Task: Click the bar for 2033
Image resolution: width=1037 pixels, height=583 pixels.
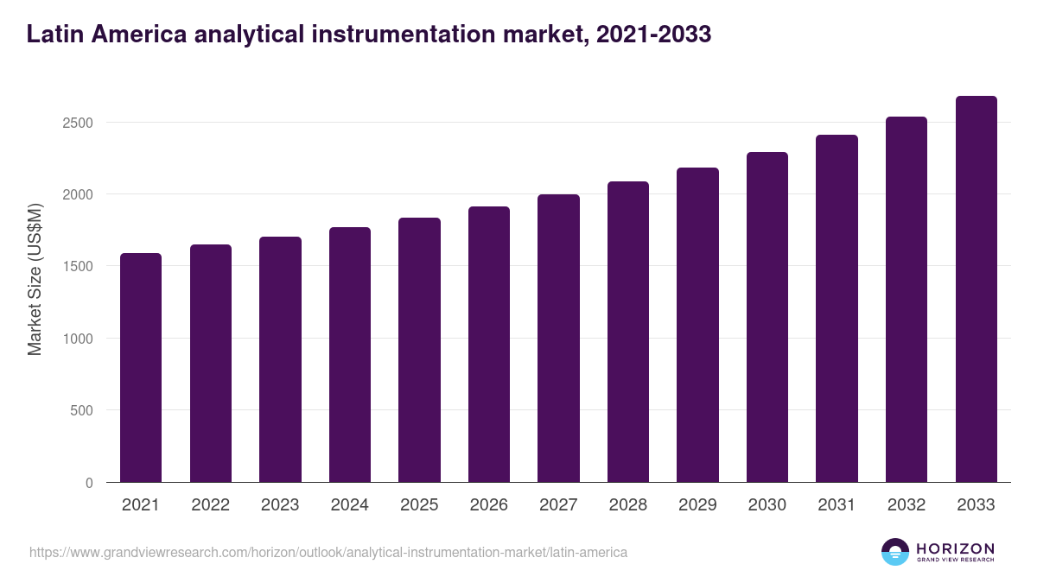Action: pyautogui.click(x=977, y=288)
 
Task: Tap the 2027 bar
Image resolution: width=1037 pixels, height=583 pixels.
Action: pyautogui.click(x=558, y=338)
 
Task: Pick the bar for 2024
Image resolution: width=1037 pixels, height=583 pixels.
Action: pyautogui.click(x=350, y=354)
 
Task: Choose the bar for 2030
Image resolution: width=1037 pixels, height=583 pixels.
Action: pyautogui.click(x=767, y=317)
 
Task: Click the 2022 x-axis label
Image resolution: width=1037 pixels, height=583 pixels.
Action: pyautogui.click(x=211, y=505)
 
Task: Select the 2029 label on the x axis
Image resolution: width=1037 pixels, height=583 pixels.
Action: pyautogui.click(x=697, y=505)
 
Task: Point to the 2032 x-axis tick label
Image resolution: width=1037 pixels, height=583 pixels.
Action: pyautogui.click(x=907, y=505)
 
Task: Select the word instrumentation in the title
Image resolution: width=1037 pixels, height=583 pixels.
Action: pyautogui.click(x=406, y=35)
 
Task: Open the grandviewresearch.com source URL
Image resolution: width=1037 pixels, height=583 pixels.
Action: pyautogui.click(x=328, y=552)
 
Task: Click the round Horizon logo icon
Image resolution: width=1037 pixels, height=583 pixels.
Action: pyautogui.click(x=894, y=552)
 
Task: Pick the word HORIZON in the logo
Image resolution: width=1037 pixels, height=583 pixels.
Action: pyautogui.click(x=955, y=548)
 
